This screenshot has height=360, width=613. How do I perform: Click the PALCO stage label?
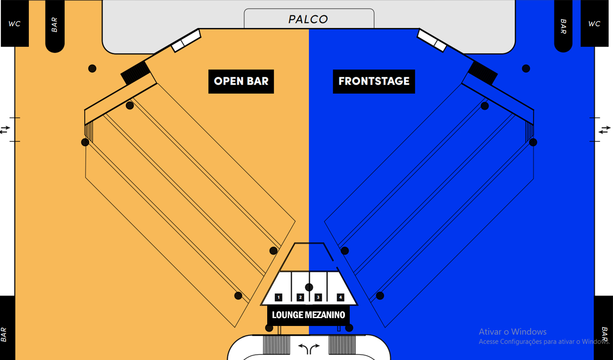pyautogui.click(x=308, y=19)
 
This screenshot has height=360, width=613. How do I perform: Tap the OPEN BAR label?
pyautogui.click(x=241, y=81)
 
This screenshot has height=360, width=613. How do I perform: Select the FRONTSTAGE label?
pyautogui.click(x=374, y=81)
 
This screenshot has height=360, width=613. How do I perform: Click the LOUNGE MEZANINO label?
pyautogui.click(x=308, y=315)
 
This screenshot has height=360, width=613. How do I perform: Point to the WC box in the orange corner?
pyautogui.click(x=14, y=24)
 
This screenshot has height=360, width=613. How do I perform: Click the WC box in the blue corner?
pyautogui.click(x=594, y=24)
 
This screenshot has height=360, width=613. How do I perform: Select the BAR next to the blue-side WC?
pyautogui.click(x=563, y=26)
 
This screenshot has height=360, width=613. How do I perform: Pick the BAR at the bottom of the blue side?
pyautogui.click(x=605, y=334)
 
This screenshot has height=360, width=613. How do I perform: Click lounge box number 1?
pyautogui.click(x=279, y=297)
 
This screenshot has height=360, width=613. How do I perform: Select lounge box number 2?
pyautogui.click(x=300, y=297)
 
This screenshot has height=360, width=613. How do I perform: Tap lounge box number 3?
pyautogui.click(x=318, y=297)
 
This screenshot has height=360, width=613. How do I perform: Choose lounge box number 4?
pyautogui.click(x=341, y=297)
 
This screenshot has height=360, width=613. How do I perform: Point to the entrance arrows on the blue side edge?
pyautogui.click(x=605, y=130)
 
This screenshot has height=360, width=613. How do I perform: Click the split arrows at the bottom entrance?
pyautogui.click(x=309, y=348)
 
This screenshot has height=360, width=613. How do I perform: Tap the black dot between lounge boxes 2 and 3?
pyautogui.click(x=309, y=287)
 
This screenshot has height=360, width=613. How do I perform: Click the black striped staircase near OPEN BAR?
pyautogui.click(x=135, y=72)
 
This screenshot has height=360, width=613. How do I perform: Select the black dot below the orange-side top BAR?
pyautogui.click(x=92, y=68)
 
